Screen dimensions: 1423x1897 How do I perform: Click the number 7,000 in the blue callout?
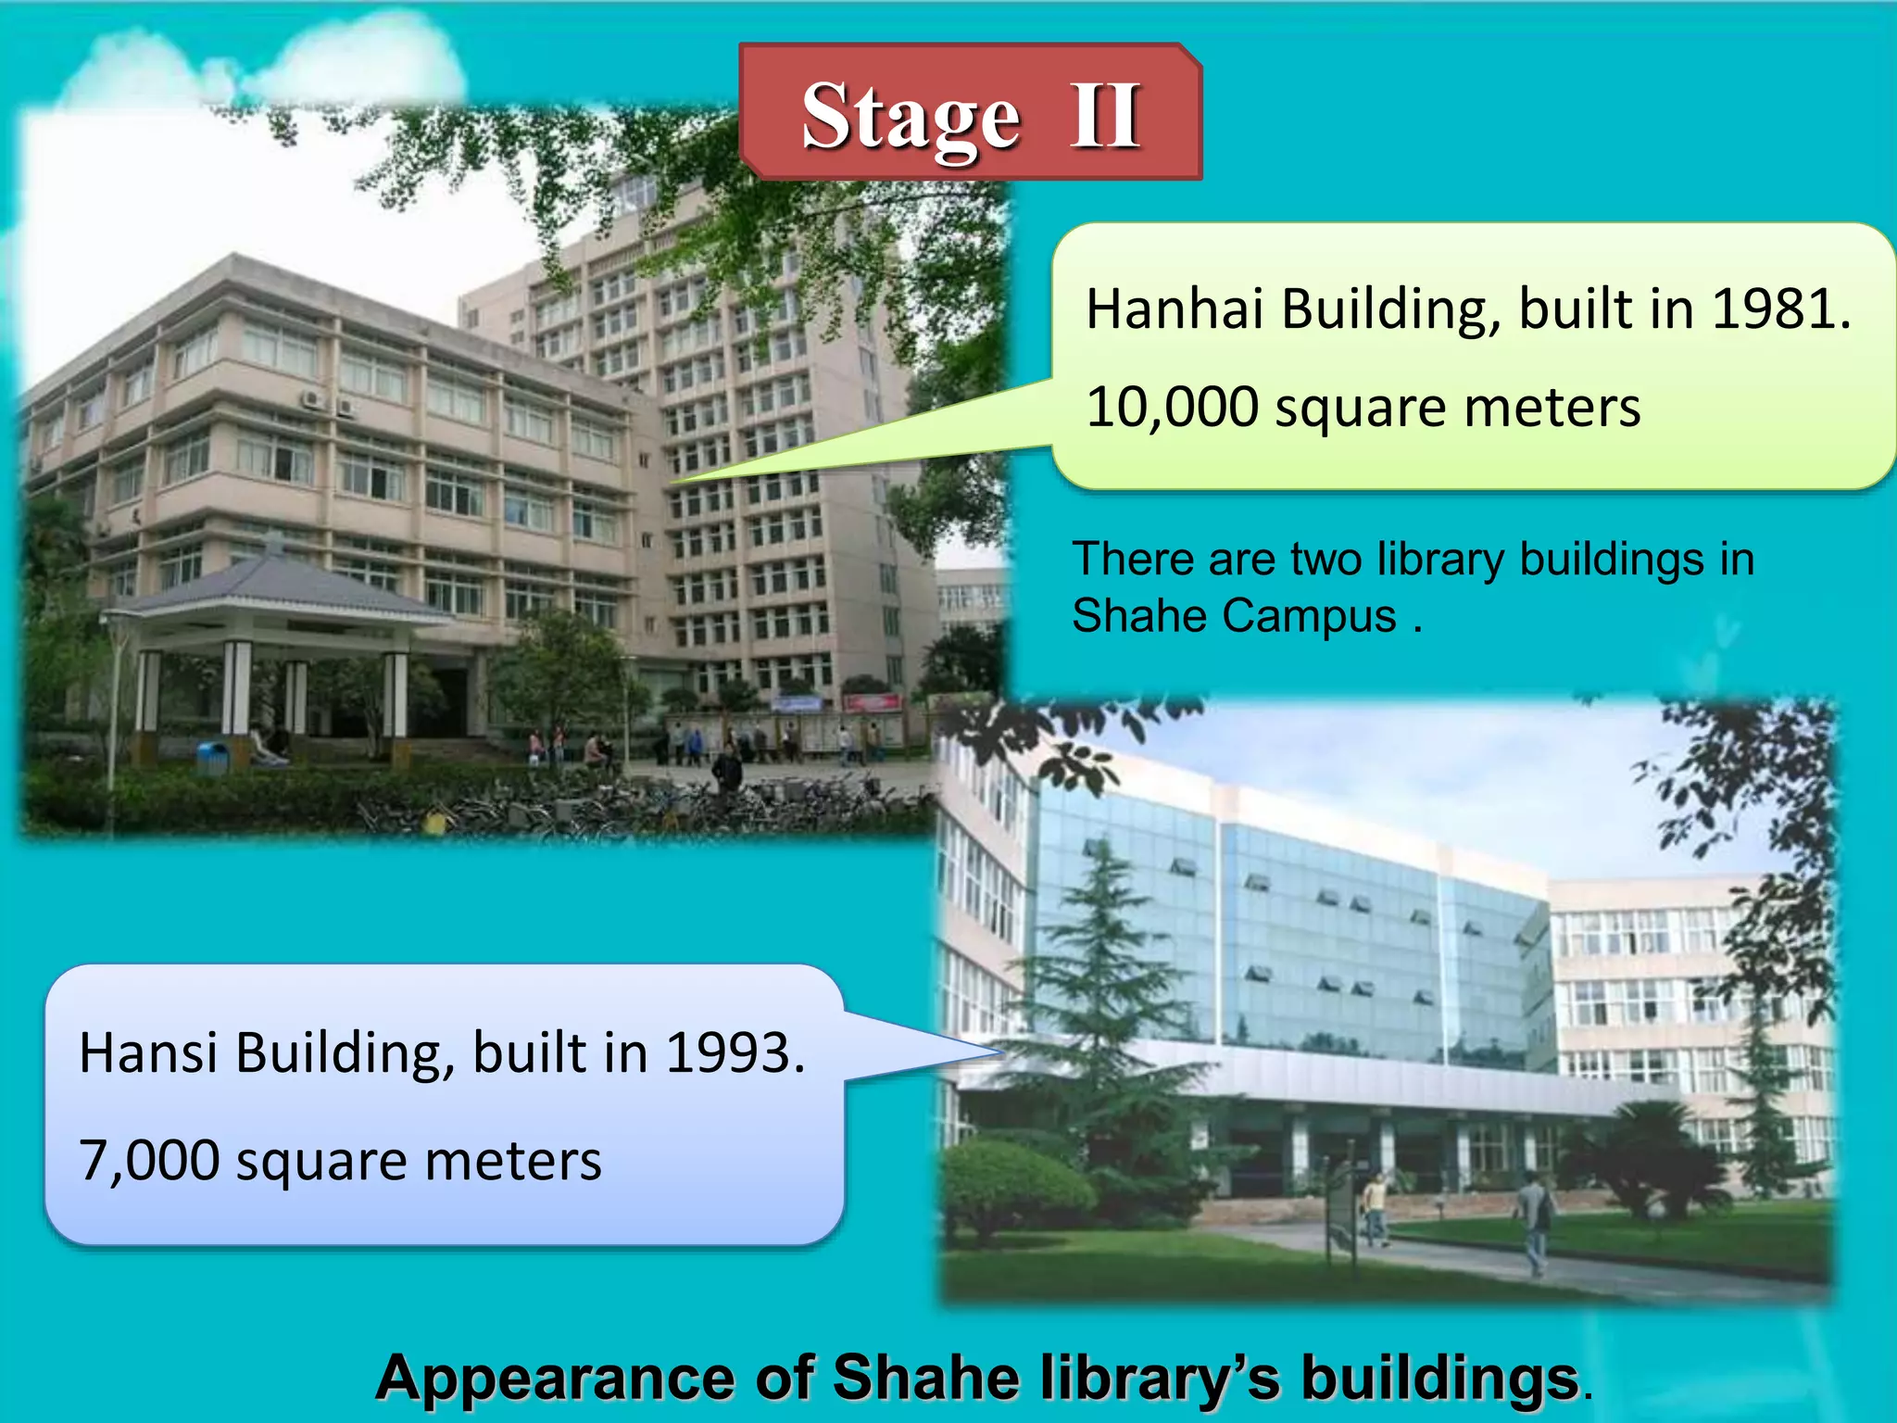click(149, 1160)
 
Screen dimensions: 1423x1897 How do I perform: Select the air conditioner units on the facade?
click(328, 402)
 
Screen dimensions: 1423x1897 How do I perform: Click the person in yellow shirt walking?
click(1375, 1205)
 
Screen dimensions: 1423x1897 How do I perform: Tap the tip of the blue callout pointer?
click(1002, 1052)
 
